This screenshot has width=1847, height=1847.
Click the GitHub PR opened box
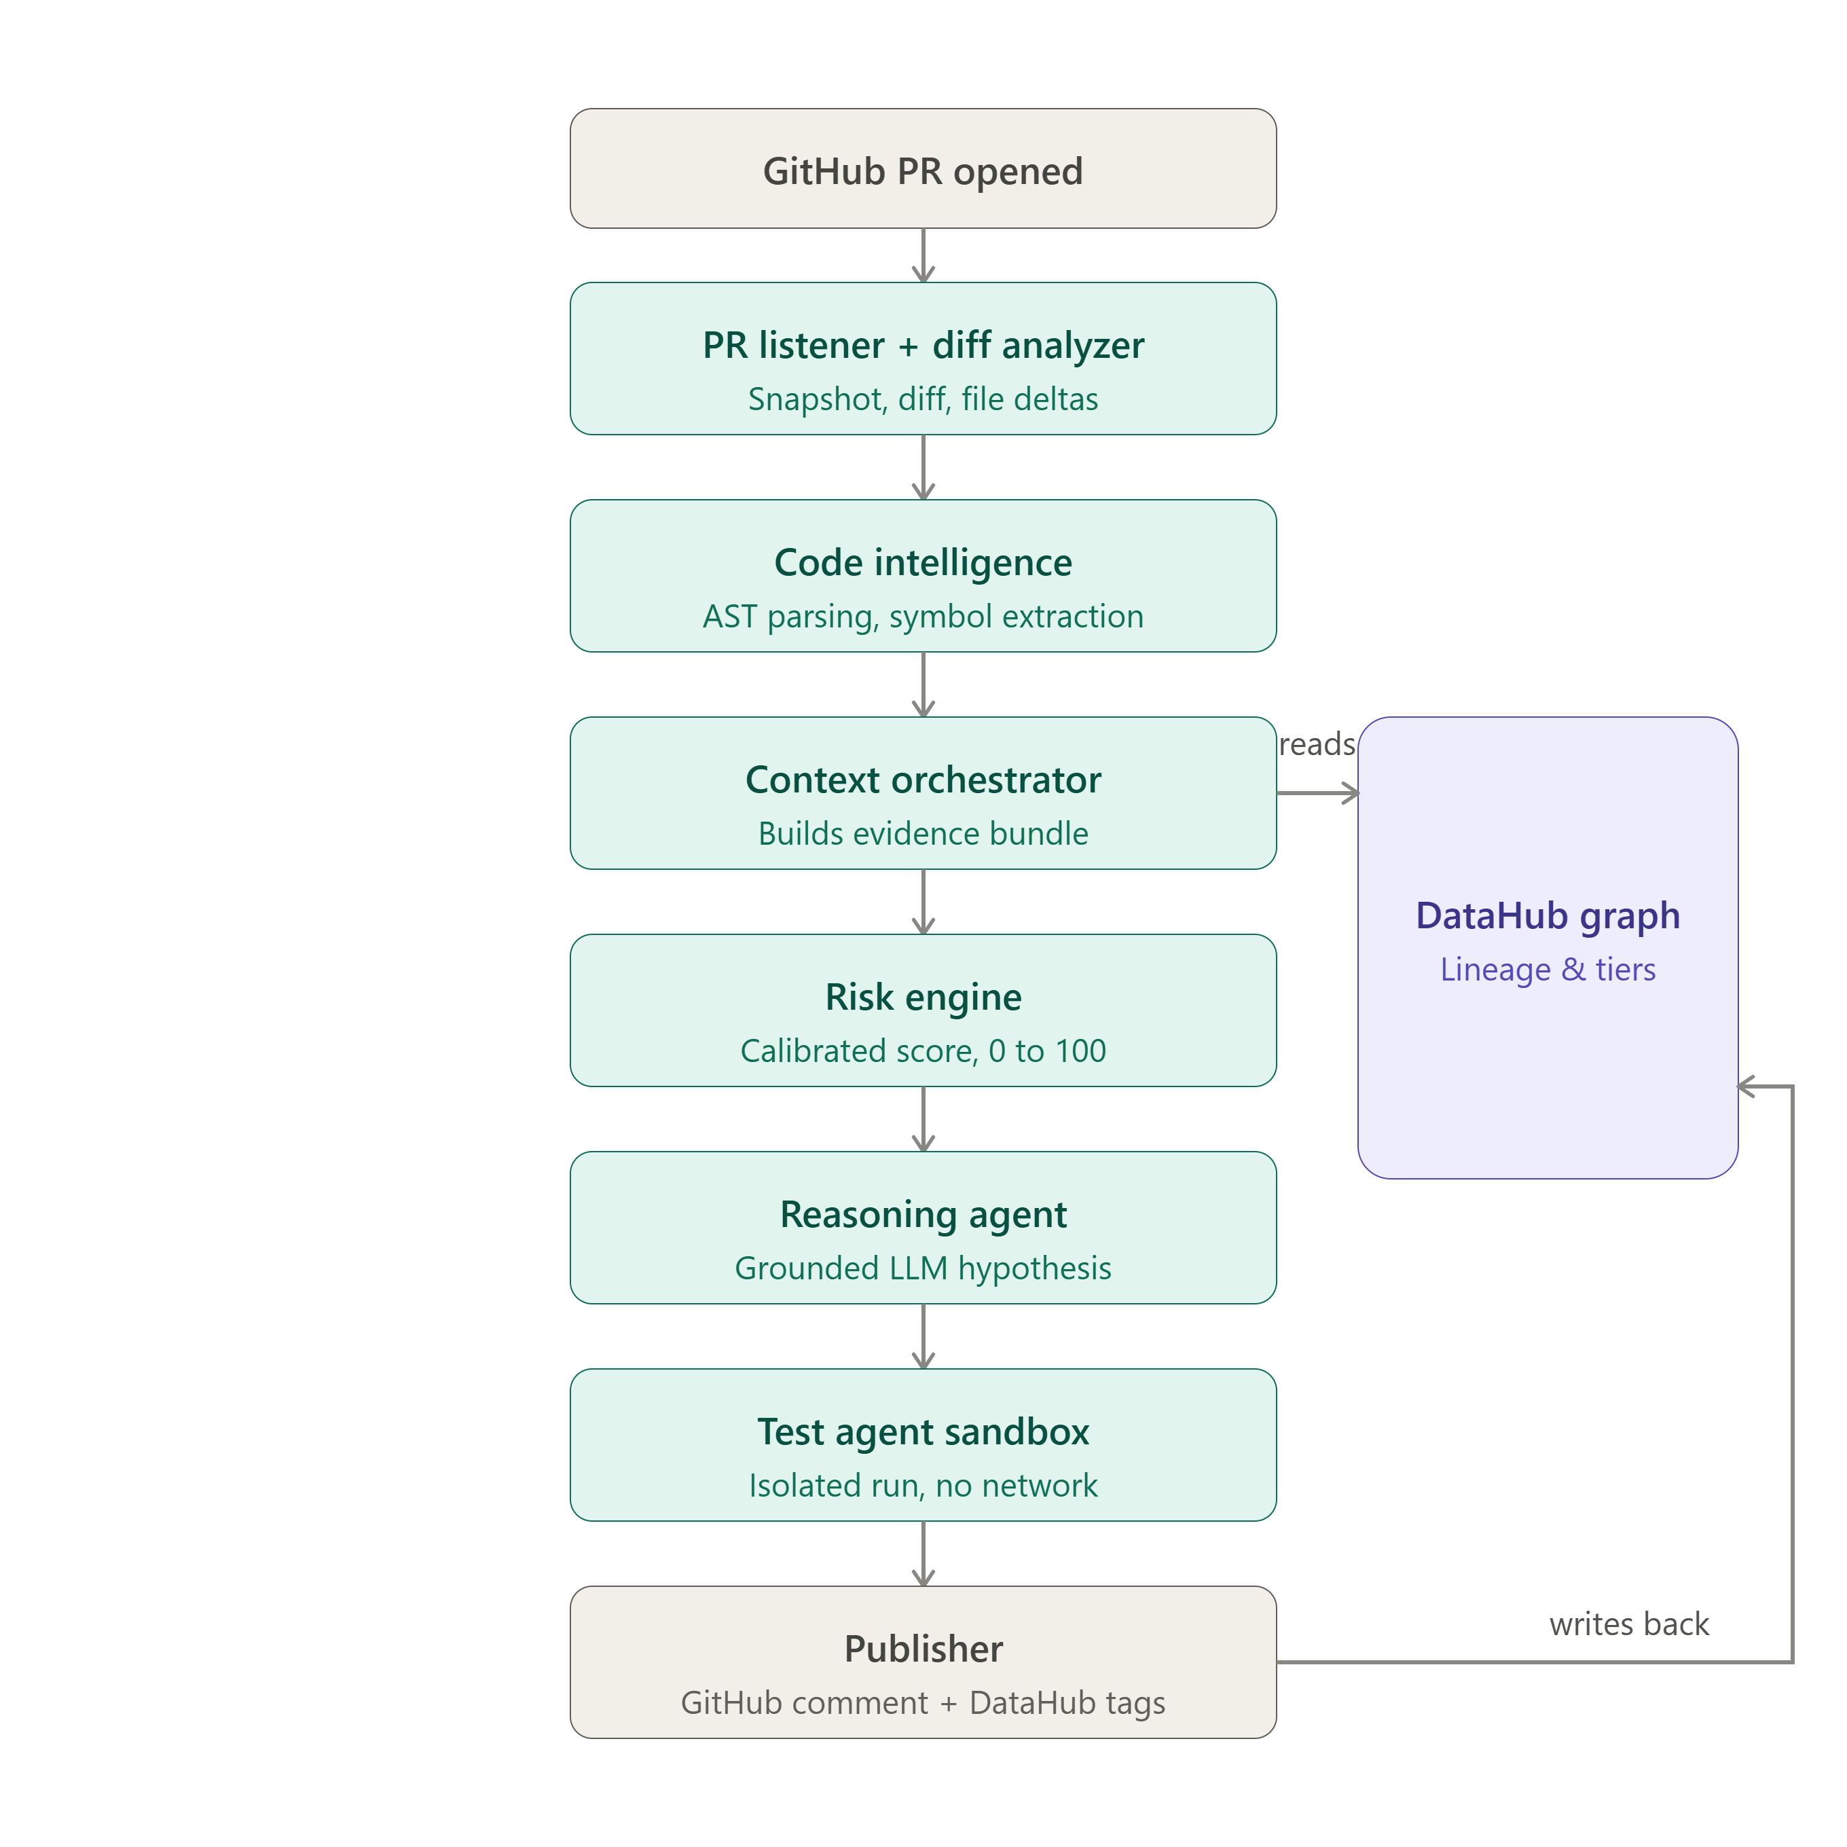[x=923, y=168]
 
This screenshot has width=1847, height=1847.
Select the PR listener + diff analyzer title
[x=923, y=345]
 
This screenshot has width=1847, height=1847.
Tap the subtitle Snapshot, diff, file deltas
[x=923, y=399]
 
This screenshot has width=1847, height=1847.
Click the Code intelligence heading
[x=923, y=562]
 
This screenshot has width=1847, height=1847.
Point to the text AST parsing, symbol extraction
[x=923, y=617]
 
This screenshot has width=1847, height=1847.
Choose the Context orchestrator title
[x=923, y=779]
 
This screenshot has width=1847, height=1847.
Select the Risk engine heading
[x=923, y=997]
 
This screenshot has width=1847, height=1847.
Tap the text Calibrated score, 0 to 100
[x=923, y=1050]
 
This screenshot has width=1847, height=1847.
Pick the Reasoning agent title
[x=923, y=1214]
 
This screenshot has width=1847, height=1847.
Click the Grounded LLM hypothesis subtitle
[x=923, y=1268]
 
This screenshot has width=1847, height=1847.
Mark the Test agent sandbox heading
[x=923, y=1431]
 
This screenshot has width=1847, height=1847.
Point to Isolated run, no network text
[x=923, y=1484]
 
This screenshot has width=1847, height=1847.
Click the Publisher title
[x=923, y=1648]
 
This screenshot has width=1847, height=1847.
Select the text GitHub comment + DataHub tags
[x=923, y=1702]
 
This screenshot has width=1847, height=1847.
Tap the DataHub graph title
[x=1547, y=915]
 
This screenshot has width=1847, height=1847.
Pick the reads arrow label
[x=1317, y=744]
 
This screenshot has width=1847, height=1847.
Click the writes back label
[x=1628, y=1624]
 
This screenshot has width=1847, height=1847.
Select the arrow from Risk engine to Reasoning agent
[x=923, y=1118]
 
